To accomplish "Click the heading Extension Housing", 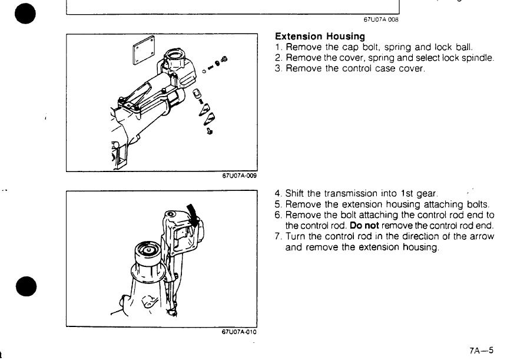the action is coord(320,36).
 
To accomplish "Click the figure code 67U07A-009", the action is coord(239,176).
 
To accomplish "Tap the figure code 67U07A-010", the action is coord(239,332).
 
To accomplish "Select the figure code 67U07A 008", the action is coord(381,19).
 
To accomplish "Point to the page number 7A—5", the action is coord(481,351).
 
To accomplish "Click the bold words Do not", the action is coord(364,226).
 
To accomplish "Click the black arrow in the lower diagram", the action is coord(193,214).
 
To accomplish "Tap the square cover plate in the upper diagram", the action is coord(144,51).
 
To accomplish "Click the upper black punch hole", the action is coord(25,14).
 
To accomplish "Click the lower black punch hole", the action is coord(26,286).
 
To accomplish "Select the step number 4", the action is coord(277,193).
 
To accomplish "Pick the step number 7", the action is coord(277,236).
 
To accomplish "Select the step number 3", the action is coord(277,68).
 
